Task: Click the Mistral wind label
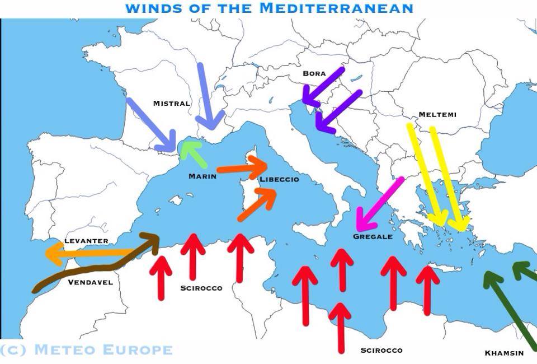172,104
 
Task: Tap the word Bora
314,73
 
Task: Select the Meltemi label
437,115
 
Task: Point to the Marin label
202,176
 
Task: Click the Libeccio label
279,180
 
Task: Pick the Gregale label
373,237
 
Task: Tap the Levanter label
86,241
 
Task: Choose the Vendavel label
90,282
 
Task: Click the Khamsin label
504,353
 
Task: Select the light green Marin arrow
194,154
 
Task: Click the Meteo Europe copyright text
86,350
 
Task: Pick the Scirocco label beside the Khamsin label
381,351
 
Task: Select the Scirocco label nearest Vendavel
201,288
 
